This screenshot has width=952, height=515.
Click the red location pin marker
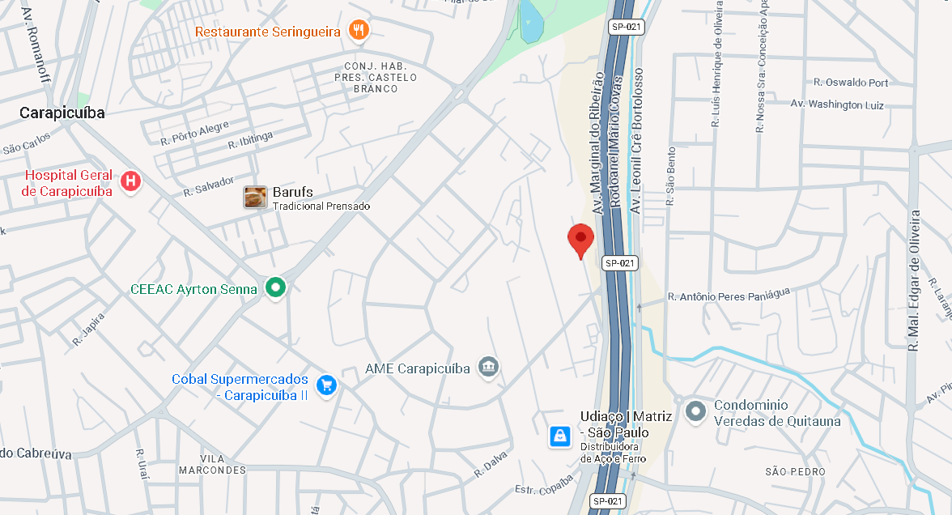(x=580, y=240)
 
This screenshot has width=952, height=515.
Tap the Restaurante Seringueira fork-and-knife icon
(x=359, y=31)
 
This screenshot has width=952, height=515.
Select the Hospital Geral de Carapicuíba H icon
(x=130, y=182)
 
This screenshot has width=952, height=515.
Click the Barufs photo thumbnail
(x=255, y=198)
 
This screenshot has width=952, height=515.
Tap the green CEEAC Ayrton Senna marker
(x=276, y=288)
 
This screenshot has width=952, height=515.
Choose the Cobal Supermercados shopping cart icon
(x=326, y=385)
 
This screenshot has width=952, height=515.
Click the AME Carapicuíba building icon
(x=488, y=368)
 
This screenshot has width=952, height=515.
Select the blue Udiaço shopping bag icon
(x=559, y=436)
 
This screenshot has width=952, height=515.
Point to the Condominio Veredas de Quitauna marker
(x=695, y=411)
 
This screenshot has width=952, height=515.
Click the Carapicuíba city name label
(x=62, y=113)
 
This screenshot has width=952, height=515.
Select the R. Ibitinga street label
(x=250, y=140)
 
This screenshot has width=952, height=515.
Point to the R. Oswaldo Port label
(x=851, y=83)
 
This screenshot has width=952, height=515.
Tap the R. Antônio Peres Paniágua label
(x=728, y=296)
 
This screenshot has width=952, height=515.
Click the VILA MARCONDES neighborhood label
(x=212, y=464)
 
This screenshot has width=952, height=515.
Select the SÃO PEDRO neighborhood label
(x=795, y=471)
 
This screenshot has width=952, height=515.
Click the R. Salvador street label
(x=208, y=186)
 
